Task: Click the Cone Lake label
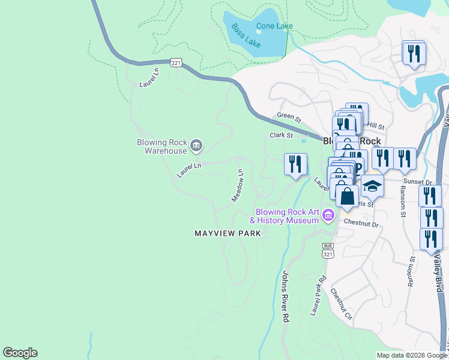(x=274, y=26)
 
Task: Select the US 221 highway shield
(x=175, y=62)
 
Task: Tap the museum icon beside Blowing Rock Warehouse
(x=196, y=145)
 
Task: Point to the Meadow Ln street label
(x=238, y=185)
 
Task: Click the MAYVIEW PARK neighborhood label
(x=228, y=233)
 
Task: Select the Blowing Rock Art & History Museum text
(x=287, y=216)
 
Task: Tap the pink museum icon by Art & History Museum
(x=328, y=215)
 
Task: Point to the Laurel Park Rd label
(x=318, y=296)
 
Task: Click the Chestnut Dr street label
(x=361, y=224)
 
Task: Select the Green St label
(x=288, y=116)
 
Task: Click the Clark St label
(x=280, y=136)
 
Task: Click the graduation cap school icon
(x=372, y=186)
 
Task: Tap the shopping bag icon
(x=348, y=196)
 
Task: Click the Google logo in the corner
(x=20, y=353)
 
